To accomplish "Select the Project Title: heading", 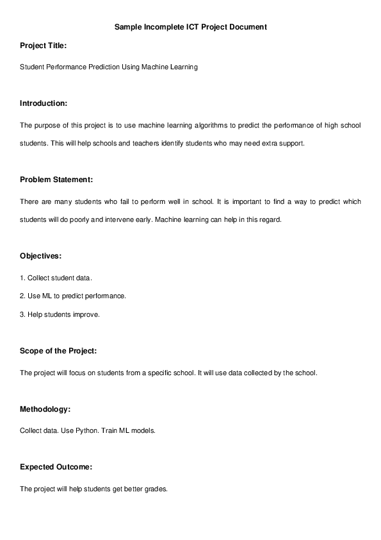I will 43,46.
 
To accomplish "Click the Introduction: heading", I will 44,103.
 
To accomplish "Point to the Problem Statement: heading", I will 56,179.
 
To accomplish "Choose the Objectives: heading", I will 40,255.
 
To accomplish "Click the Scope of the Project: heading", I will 58,351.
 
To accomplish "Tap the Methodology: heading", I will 45,409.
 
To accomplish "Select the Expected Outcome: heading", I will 56,466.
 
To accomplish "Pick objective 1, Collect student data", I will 56,278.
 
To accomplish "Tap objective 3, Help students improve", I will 60,315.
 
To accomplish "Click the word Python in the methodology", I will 87,430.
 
